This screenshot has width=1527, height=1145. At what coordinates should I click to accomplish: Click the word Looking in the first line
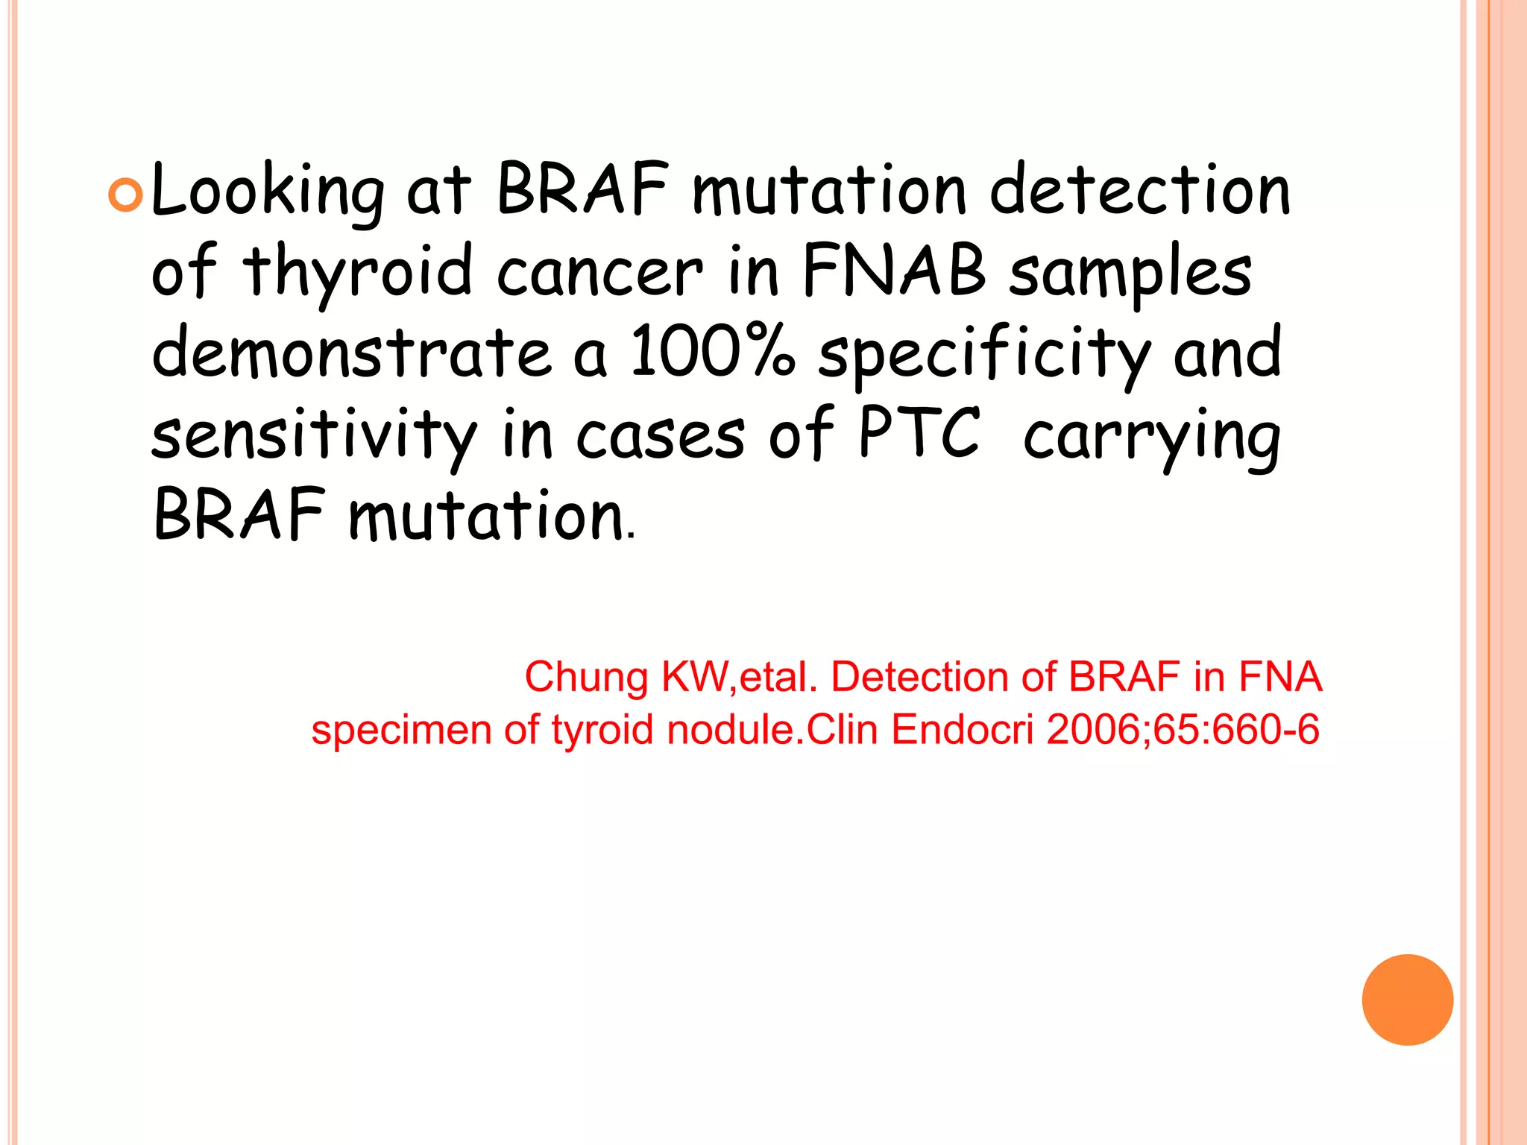coord(268,192)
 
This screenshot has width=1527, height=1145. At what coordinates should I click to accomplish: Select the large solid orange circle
coord(1407,1000)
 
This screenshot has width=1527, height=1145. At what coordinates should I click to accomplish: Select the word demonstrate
coord(351,353)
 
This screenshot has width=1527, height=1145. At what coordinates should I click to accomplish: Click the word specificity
coord(984,355)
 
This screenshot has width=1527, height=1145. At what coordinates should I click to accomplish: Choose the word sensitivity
coord(314,436)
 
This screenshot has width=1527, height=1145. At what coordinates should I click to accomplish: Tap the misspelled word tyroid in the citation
coord(602,731)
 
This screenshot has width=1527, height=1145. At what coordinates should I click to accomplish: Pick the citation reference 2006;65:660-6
coord(1183,729)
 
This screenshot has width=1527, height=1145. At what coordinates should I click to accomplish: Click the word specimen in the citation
coord(401,731)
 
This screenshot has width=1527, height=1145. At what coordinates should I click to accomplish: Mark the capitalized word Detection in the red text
coord(920,677)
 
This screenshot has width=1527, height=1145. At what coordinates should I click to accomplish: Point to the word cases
coord(660,436)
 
